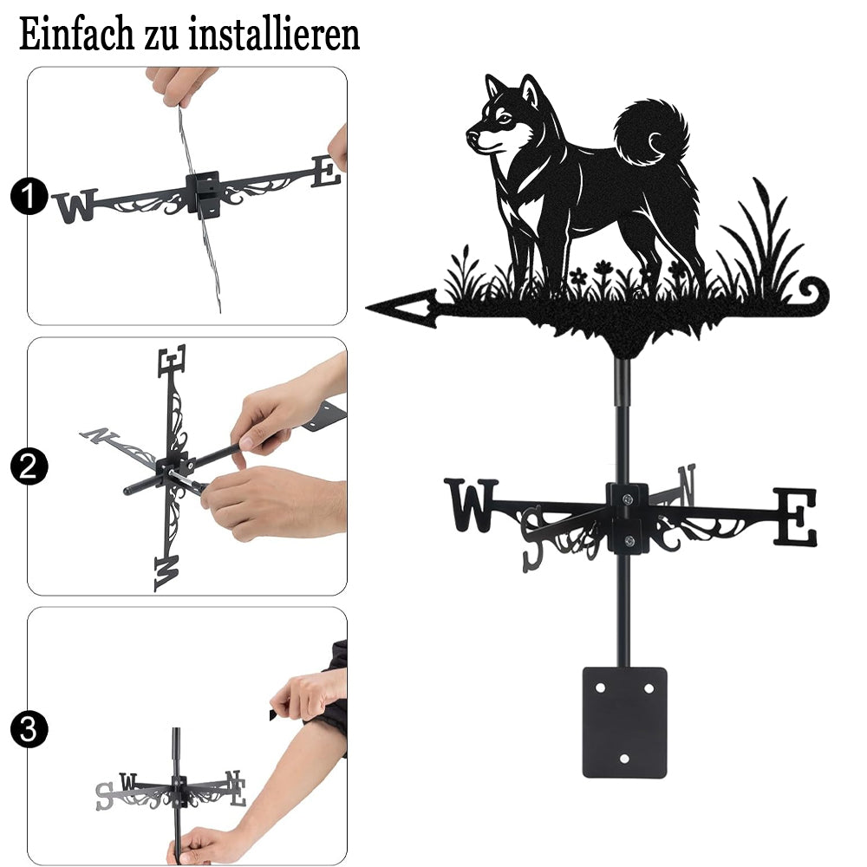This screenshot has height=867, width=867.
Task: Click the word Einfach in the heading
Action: point(76,35)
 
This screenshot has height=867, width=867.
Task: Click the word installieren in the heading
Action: point(274,35)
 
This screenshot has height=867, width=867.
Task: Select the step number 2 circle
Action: point(29,466)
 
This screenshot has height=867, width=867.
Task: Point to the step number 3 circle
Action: point(29,729)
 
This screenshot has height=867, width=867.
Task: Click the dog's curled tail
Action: point(653,133)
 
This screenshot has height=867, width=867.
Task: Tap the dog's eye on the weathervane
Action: point(503,117)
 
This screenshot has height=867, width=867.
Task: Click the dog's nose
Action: point(472,134)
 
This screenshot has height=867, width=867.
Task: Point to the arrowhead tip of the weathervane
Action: point(367,307)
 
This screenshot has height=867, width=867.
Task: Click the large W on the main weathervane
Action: point(471,505)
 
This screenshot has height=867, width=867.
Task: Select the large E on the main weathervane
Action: point(794,517)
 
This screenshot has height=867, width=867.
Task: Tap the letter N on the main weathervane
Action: point(686,485)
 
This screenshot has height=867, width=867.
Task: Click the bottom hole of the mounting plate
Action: point(624,759)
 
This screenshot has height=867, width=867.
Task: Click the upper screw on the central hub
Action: point(627,500)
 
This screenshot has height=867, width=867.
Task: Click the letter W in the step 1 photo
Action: point(75,205)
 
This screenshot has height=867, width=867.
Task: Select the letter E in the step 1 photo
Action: point(326,171)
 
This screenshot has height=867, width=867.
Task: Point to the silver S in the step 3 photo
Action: point(104,796)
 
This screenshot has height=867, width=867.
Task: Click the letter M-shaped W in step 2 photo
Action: point(167,572)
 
